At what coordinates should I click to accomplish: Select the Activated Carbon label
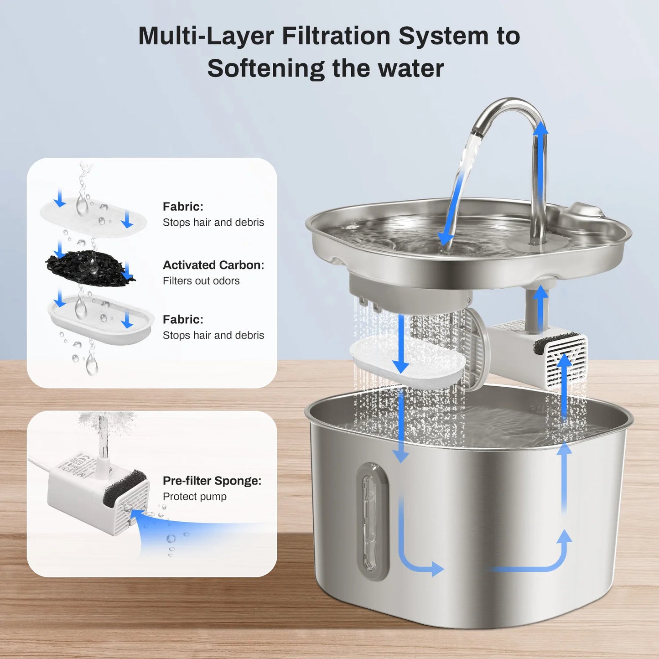coord(213,265)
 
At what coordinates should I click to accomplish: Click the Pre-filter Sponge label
coord(212,481)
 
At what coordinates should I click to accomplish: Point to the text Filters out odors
coord(201,281)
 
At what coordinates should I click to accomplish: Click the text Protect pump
coord(194,497)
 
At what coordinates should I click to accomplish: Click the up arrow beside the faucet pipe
coord(540,130)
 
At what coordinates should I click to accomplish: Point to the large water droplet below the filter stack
coord(92,365)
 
